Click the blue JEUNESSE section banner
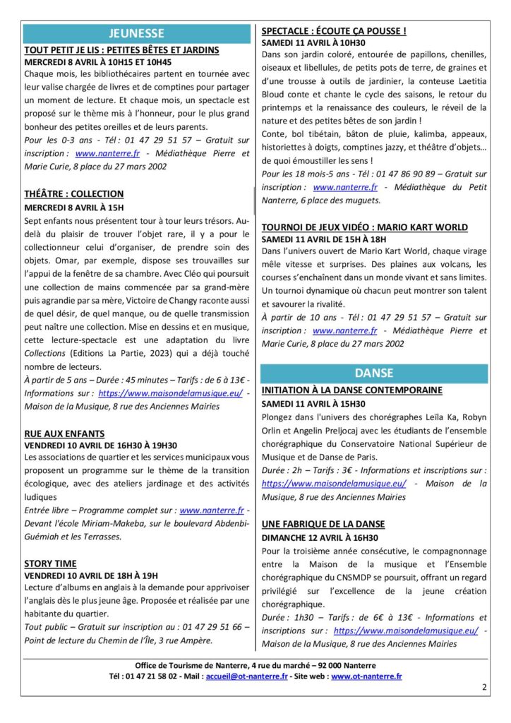click(x=137, y=33)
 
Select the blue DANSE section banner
click(x=374, y=373)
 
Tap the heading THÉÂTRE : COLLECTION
click(x=74, y=193)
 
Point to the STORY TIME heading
click(x=50, y=563)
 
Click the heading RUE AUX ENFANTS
click(x=64, y=433)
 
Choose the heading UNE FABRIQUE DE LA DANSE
click(x=323, y=524)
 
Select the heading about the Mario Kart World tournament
click(x=364, y=227)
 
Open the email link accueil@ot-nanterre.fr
click(x=246, y=676)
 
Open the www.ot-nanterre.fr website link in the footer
click(x=366, y=676)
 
